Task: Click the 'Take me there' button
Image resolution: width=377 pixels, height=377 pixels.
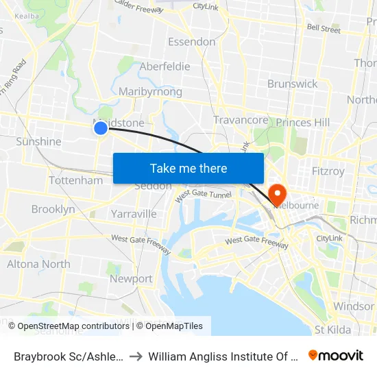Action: coord(188,168)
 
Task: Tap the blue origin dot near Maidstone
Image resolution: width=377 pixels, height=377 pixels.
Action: coord(101,127)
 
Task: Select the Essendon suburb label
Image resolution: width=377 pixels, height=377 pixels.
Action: coord(192,42)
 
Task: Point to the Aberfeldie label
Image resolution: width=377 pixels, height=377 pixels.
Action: coord(165,66)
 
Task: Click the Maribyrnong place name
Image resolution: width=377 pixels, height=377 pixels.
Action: coord(150,92)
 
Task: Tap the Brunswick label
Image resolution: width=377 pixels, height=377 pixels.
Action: coord(293,84)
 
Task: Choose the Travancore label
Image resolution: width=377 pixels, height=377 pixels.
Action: coord(241,120)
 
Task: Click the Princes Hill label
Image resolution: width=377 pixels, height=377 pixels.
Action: coord(302,123)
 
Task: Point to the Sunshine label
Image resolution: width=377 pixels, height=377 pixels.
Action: coord(38,142)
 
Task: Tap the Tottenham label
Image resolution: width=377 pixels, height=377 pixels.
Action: coord(75,180)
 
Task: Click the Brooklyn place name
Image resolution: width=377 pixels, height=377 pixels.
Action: coord(53,209)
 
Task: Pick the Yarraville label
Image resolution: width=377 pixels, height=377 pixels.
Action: coord(134,214)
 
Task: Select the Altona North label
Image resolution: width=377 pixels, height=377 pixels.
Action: coord(38,264)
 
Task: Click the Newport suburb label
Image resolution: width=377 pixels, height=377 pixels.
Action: coord(131,279)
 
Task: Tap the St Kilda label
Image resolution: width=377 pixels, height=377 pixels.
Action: coord(333,330)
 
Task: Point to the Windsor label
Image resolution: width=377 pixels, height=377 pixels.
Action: coord(354,306)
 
